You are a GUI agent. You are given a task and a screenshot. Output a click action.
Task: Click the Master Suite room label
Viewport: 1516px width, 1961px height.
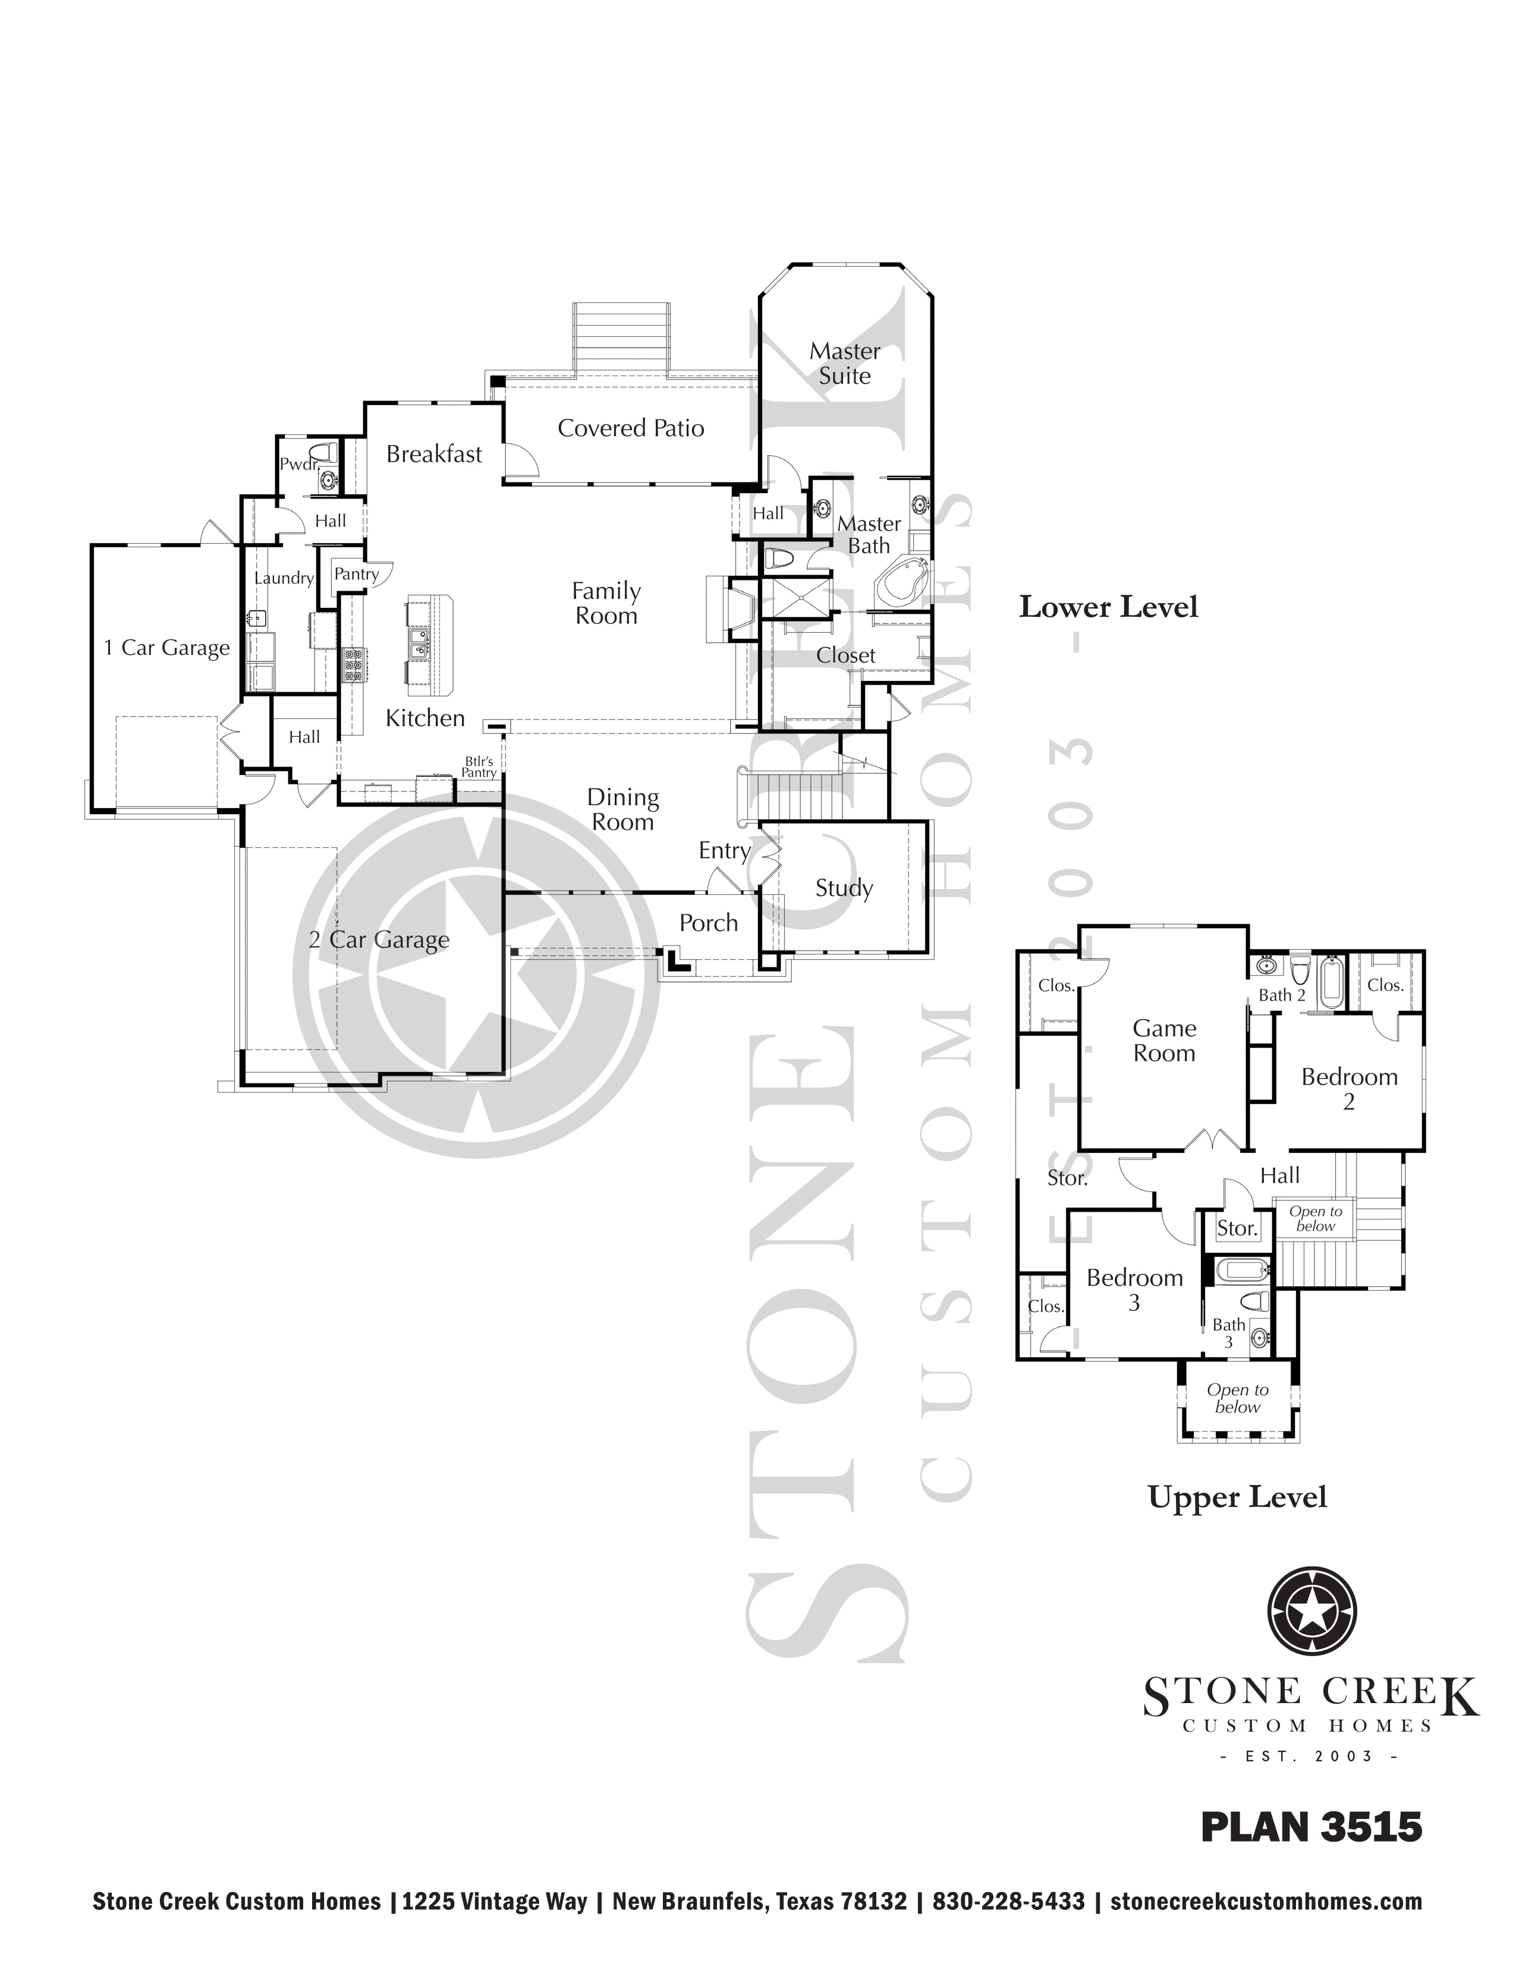click(x=844, y=362)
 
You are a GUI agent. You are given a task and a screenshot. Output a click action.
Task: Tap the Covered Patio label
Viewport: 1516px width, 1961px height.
click(x=630, y=428)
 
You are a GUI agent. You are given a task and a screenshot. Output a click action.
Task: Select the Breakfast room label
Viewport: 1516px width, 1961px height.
click(x=434, y=455)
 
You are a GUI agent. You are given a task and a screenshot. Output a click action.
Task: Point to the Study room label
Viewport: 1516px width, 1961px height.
click(x=844, y=888)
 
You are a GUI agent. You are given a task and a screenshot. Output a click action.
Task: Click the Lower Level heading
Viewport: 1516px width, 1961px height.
click(x=1108, y=607)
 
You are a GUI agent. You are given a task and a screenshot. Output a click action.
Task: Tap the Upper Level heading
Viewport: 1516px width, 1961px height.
click(x=1237, y=1497)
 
